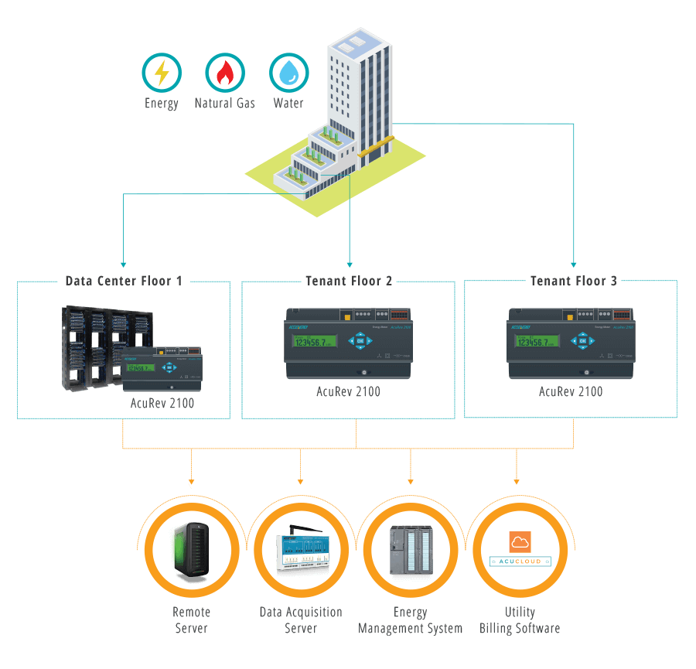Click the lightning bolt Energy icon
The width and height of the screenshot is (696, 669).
(x=161, y=73)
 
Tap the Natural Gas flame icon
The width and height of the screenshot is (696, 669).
(x=224, y=73)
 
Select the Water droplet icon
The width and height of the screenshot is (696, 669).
(x=288, y=73)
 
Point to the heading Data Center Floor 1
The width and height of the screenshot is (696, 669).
(x=124, y=281)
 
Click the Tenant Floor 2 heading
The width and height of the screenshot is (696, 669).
(x=349, y=281)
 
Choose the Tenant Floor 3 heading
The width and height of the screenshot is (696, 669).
(x=573, y=281)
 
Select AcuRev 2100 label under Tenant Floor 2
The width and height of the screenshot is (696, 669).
(x=348, y=391)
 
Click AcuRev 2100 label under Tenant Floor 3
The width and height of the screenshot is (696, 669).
(x=571, y=391)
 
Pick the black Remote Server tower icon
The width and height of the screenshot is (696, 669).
(x=190, y=551)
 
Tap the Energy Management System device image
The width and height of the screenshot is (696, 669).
(x=411, y=551)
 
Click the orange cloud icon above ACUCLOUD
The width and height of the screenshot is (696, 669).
(x=520, y=541)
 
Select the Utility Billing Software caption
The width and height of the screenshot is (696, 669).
(x=520, y=620)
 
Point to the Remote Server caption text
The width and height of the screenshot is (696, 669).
(x=191, y=620)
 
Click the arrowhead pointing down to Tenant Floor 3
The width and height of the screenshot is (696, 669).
(x=574, y=262)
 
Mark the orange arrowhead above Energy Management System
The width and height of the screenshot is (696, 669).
(x=411, y=476)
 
